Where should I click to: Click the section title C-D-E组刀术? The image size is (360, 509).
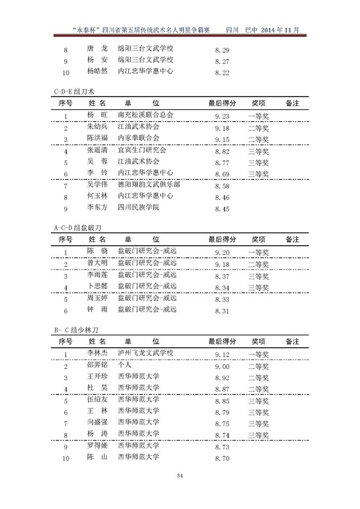click(70, 91)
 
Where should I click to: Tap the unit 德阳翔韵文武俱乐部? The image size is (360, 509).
click(148, 185)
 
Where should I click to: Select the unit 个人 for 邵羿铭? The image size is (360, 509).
click(124, 365)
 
